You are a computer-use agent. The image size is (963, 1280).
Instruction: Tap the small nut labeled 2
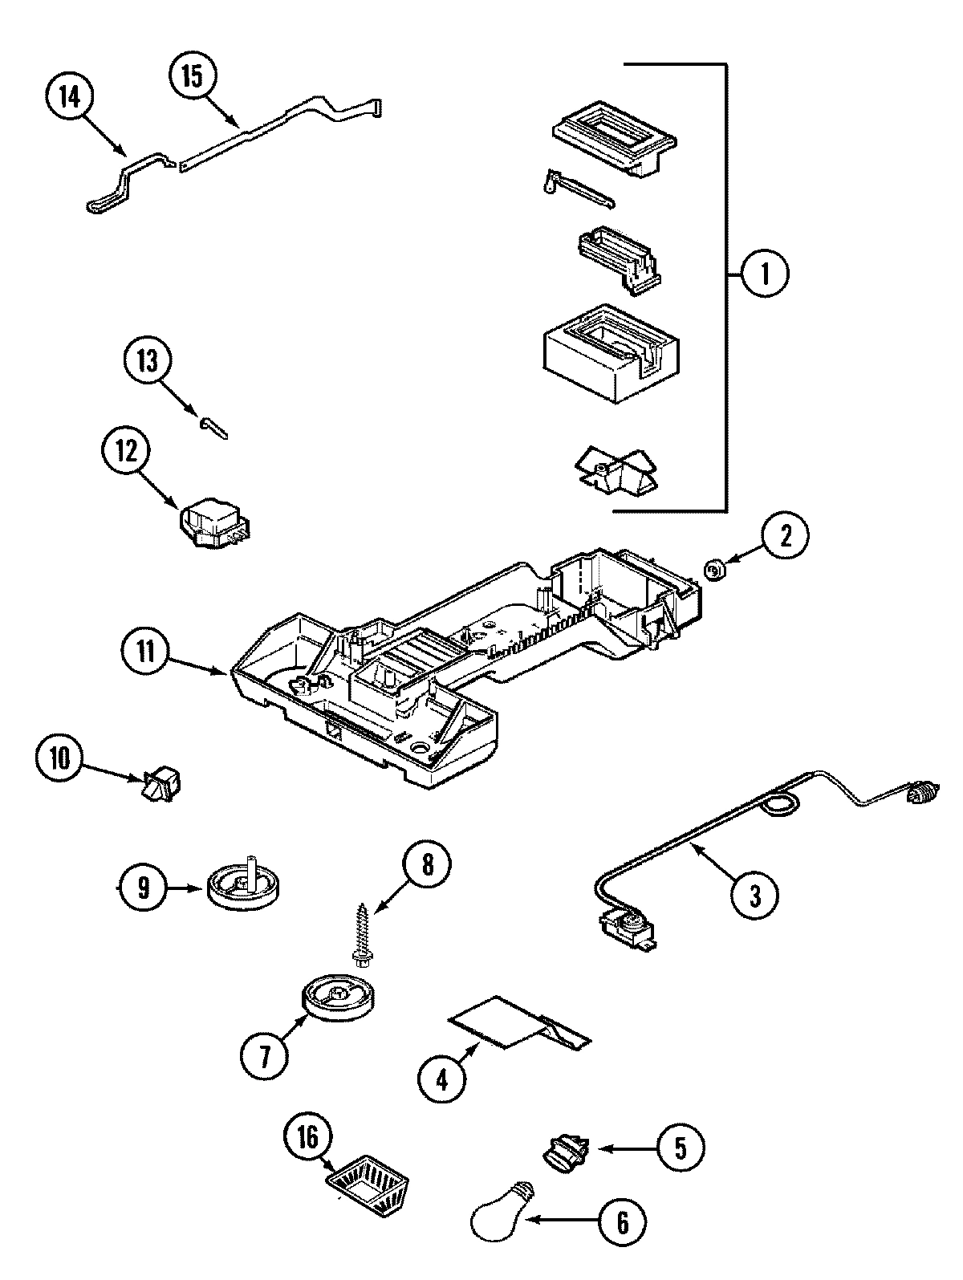(713, 571)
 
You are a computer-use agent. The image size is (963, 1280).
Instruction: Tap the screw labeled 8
(362, 933)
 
